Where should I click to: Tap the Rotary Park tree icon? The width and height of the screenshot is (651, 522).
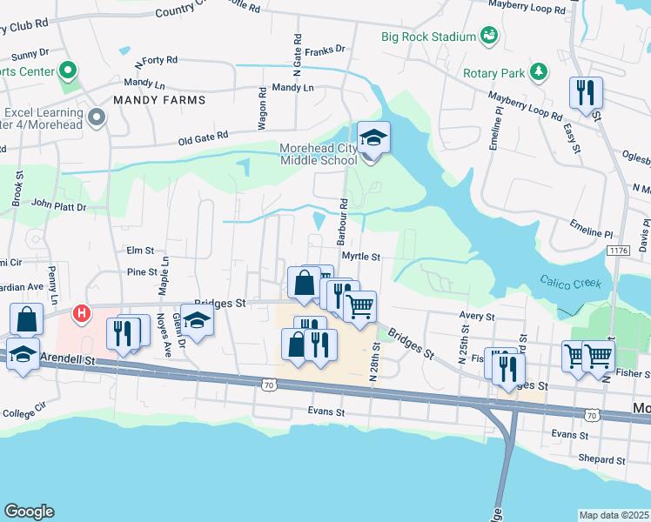(540, 71)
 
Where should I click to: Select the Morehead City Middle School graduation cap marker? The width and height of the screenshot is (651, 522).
(373, 138)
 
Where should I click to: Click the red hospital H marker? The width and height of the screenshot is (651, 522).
(82, 311)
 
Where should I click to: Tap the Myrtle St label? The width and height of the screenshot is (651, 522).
(361, 257)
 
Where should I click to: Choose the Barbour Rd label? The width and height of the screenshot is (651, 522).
(345, 214)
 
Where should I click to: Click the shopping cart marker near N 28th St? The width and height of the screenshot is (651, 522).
(359, 305)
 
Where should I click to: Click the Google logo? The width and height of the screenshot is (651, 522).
(29, 512)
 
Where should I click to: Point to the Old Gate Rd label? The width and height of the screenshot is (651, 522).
(203, 137)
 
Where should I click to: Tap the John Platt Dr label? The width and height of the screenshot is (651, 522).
(59, 206)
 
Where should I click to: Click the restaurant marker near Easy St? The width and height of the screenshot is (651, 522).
(585, 91)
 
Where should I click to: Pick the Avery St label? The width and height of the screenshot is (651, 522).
(477, 317)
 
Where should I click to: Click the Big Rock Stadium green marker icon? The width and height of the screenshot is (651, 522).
(490, 36)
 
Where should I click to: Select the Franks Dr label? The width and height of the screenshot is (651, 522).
(329, 50)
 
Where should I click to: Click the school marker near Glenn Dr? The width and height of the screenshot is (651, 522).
(198, 323)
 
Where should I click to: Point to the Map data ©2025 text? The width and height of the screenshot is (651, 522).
(614, 515)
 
